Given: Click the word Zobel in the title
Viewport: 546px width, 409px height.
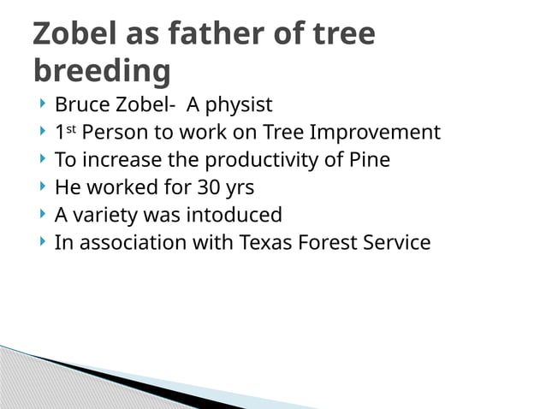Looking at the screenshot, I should pos(78,33).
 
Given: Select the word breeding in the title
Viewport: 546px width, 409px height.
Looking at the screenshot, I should pos(102,71).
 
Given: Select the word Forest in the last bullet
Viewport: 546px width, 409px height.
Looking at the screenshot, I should pos(327,242).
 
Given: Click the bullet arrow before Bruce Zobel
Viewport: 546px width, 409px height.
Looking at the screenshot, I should pos(42,105).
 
